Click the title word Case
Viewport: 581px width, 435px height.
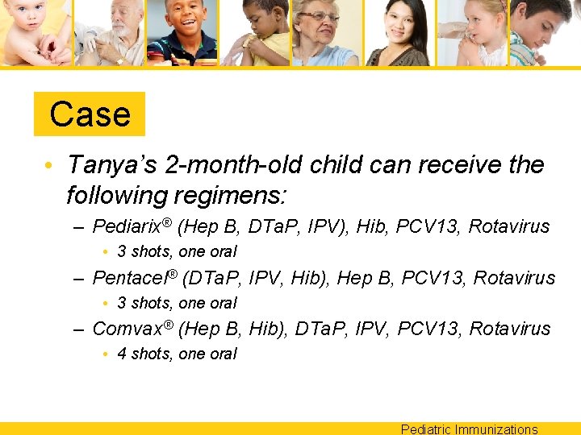90,114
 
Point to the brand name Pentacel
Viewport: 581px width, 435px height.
133,278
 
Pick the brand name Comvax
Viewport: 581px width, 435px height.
127,329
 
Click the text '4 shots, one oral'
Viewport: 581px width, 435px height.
177,354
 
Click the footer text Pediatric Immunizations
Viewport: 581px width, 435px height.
469,429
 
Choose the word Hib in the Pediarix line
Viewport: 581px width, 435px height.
364,227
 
